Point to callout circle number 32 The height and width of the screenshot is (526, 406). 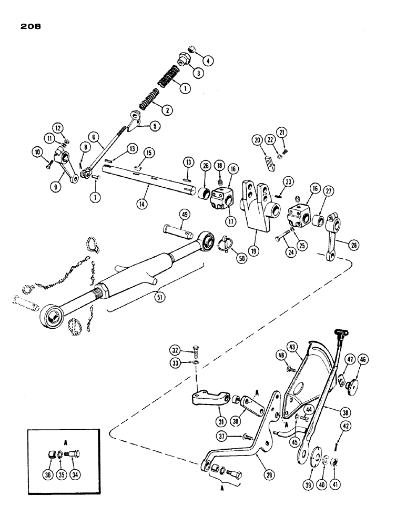(174, 349)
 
